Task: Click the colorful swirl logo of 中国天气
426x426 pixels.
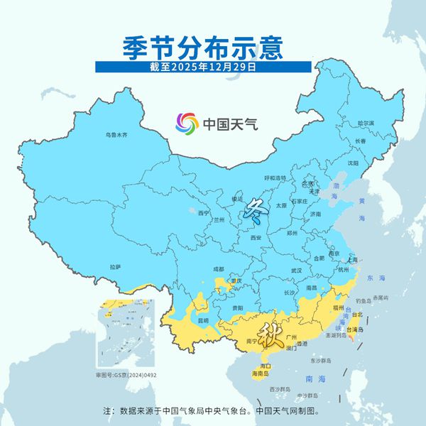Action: point(188,124)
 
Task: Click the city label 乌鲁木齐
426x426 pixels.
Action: point(116,134)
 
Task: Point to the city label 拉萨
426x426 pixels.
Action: point(115,266)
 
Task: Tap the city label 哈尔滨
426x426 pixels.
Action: point(365,123)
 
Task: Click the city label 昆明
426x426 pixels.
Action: point(204,320)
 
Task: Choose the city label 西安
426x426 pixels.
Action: point(256,237)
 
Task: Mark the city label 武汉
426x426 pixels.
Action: point(296,270)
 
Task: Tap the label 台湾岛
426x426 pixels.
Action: point(355,329)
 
